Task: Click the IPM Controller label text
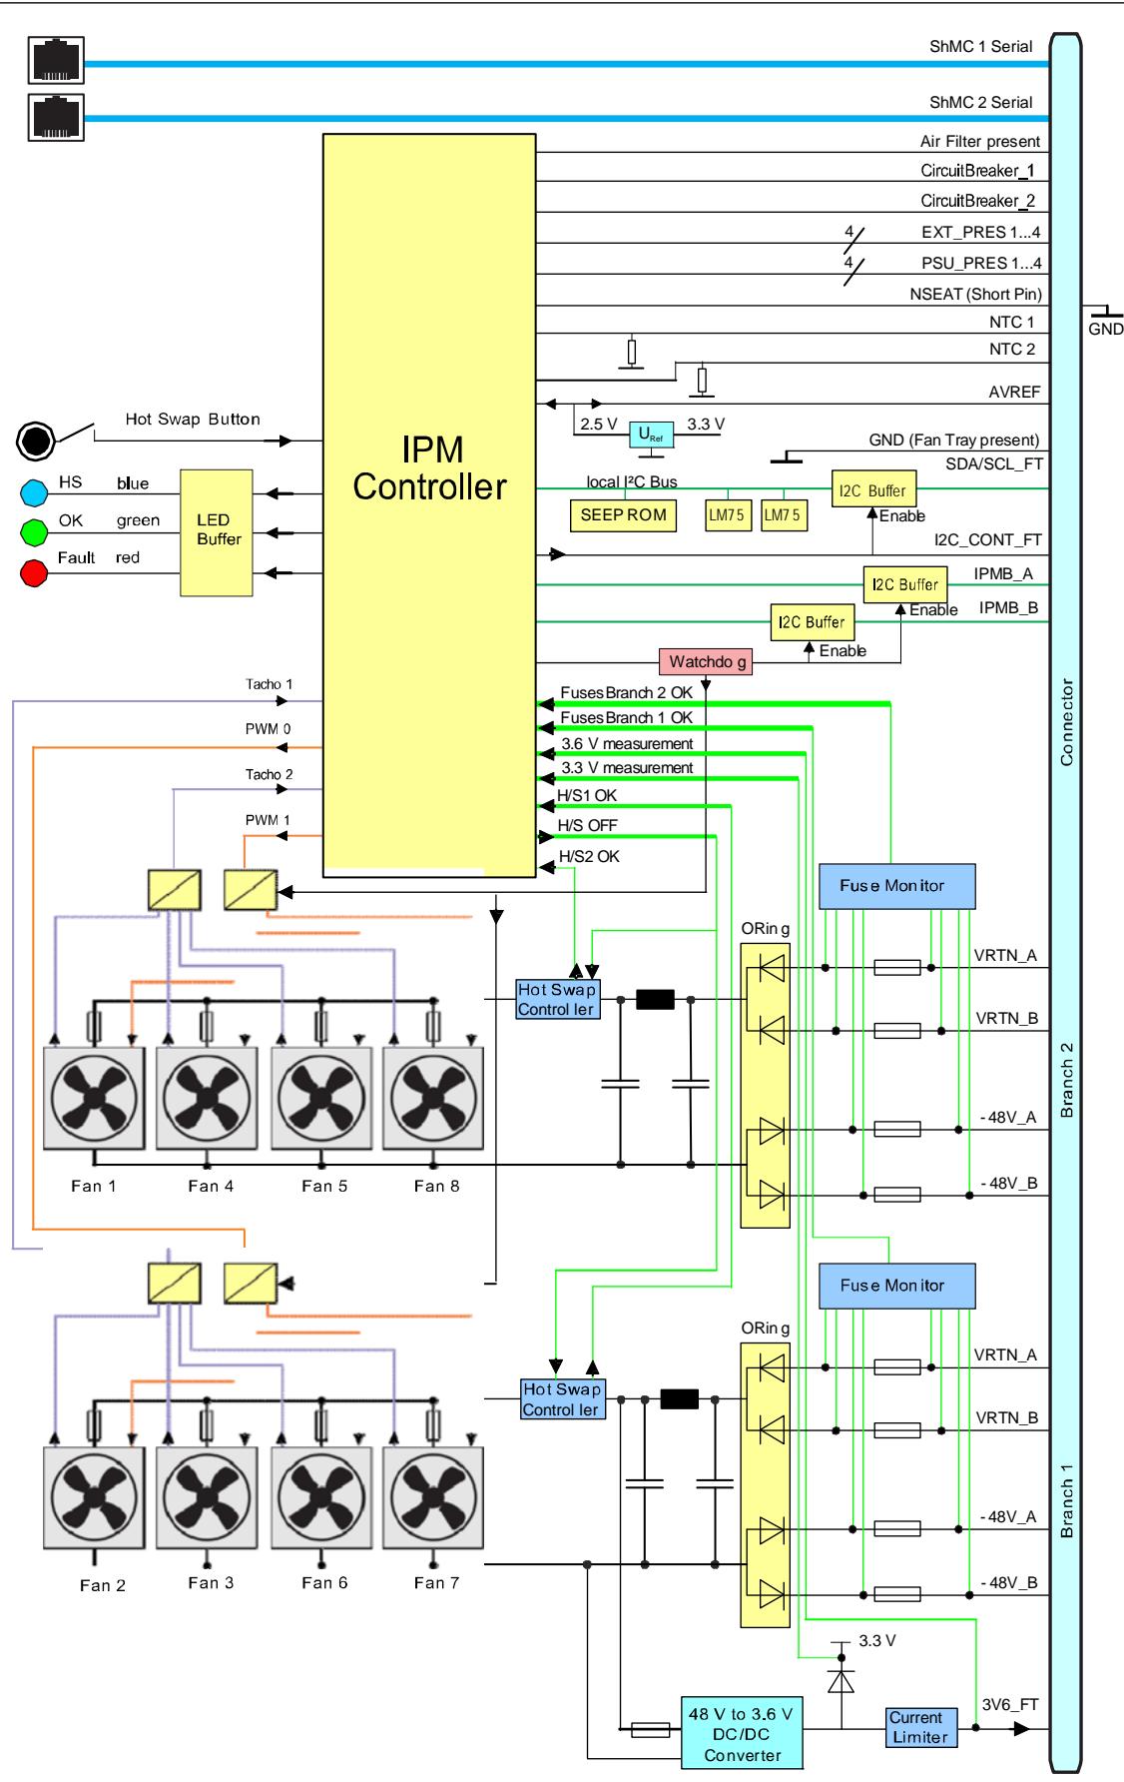coord(429,468)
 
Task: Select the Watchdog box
coord(707,661)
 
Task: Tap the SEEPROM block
coord(624,515)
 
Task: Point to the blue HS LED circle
coord(35,492)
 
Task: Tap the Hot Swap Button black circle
coord(37,440)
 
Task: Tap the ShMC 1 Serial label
coord(981,47)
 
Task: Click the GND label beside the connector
coord(1106,329)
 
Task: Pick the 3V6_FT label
coord(1010,1704)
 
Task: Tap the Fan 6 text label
coord(324,1583)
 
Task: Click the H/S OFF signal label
coord(588,825)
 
